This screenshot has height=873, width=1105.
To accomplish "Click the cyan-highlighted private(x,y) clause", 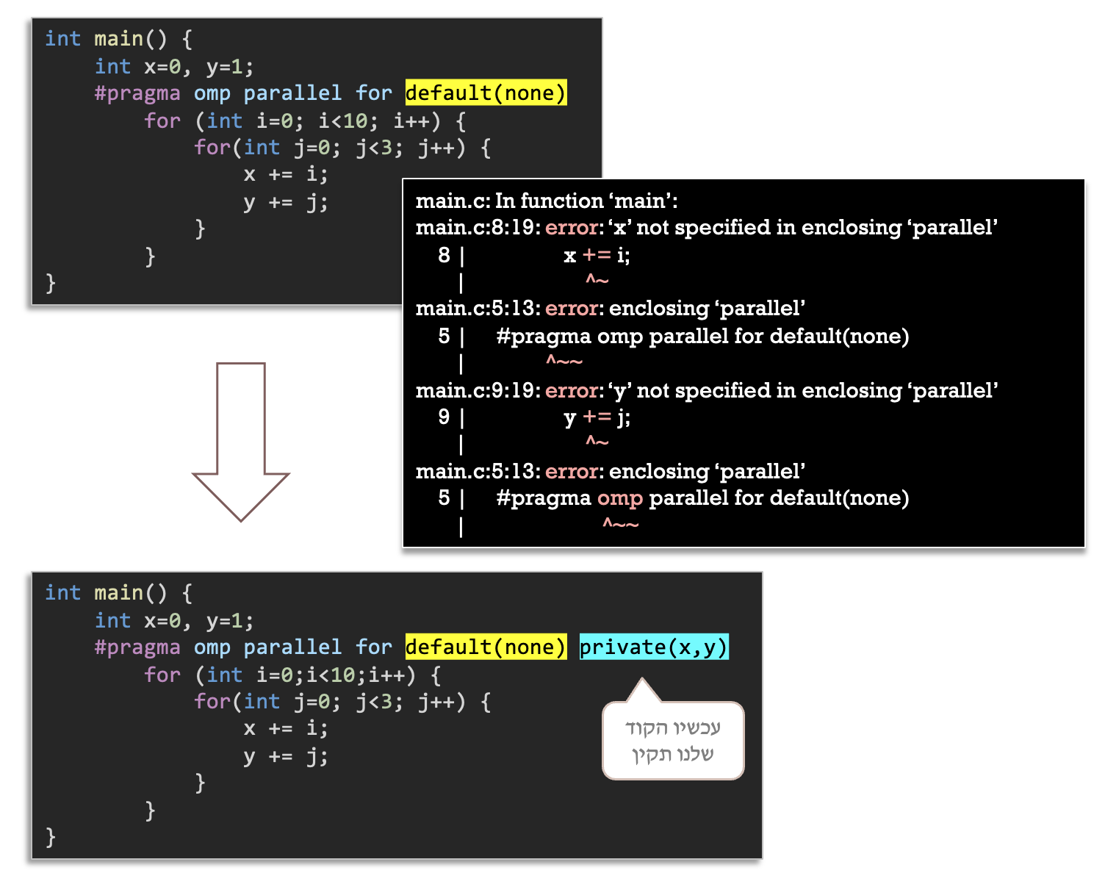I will point(653,647).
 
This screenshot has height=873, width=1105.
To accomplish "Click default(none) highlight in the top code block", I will point(486,93).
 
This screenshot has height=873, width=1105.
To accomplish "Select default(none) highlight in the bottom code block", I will point(486,647).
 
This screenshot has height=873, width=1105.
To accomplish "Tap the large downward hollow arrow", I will point(241,441).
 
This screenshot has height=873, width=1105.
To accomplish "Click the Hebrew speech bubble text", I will point(672,741).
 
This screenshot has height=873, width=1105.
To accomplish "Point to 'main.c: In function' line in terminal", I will point(547,201).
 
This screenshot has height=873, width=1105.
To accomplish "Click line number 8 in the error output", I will point(444,255).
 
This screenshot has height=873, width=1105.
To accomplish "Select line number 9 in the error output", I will point(444,417).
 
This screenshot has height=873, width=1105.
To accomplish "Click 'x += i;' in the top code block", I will point(286,175).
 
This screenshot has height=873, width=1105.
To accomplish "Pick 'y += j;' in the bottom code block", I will point(286,756).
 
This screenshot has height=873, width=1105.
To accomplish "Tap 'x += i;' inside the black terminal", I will point(597,255).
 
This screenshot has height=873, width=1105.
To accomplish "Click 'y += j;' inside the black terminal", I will point(597,417).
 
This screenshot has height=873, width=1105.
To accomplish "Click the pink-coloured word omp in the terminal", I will point(619,498).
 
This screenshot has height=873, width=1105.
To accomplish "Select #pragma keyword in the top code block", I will point(137,93).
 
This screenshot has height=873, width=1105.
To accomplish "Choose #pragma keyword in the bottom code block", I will point(137,647).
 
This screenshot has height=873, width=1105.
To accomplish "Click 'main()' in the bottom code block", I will point(131,593).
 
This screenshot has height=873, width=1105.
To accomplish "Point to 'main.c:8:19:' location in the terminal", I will point(478,228).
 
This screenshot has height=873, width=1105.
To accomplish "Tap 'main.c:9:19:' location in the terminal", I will point(478,390).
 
